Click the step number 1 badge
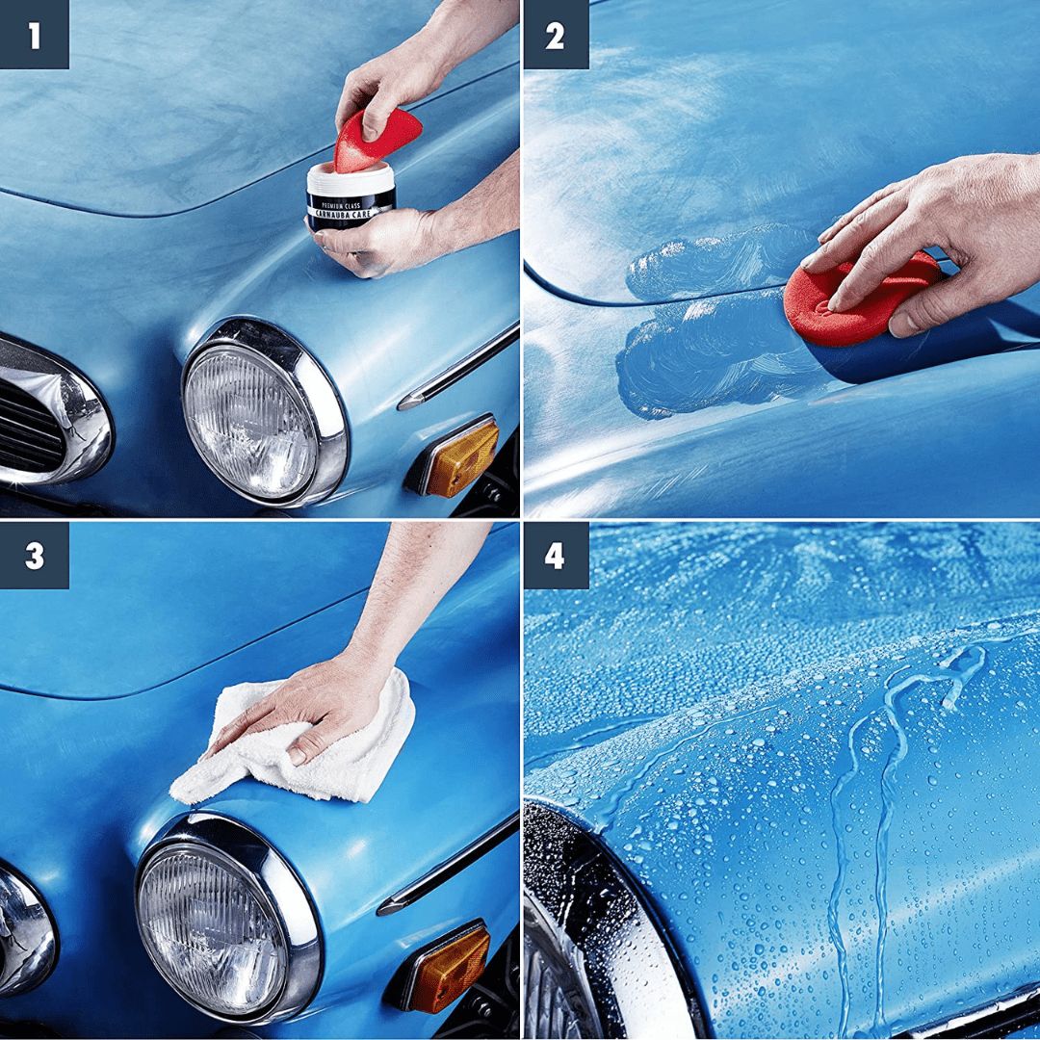point(35,35)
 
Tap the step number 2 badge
point(555,35)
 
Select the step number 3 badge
point(35,556)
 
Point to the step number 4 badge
point(555,556)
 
